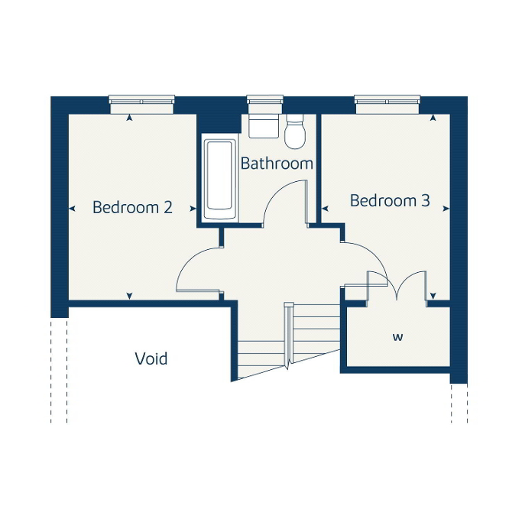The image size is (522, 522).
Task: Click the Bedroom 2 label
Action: (132, 207)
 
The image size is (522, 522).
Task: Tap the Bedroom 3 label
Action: (390, 201)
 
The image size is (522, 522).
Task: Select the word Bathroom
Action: (277, 164)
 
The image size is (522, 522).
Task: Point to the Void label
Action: (151, 358)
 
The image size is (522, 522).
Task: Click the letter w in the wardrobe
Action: (398, 337)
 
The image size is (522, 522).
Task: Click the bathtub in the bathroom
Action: (219, 180)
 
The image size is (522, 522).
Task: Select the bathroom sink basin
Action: (264, 126)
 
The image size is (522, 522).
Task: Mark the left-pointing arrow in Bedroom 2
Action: (72, 209)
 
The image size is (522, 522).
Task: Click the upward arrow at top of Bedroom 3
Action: (433, 118)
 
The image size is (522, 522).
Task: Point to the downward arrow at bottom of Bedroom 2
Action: (129, 296)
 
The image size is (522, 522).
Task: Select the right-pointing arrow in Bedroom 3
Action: (446, 209)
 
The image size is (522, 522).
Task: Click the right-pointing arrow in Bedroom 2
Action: (193, 209)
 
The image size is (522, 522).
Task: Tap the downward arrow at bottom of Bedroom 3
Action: (433, 296)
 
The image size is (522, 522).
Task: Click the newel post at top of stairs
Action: (289, 305)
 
